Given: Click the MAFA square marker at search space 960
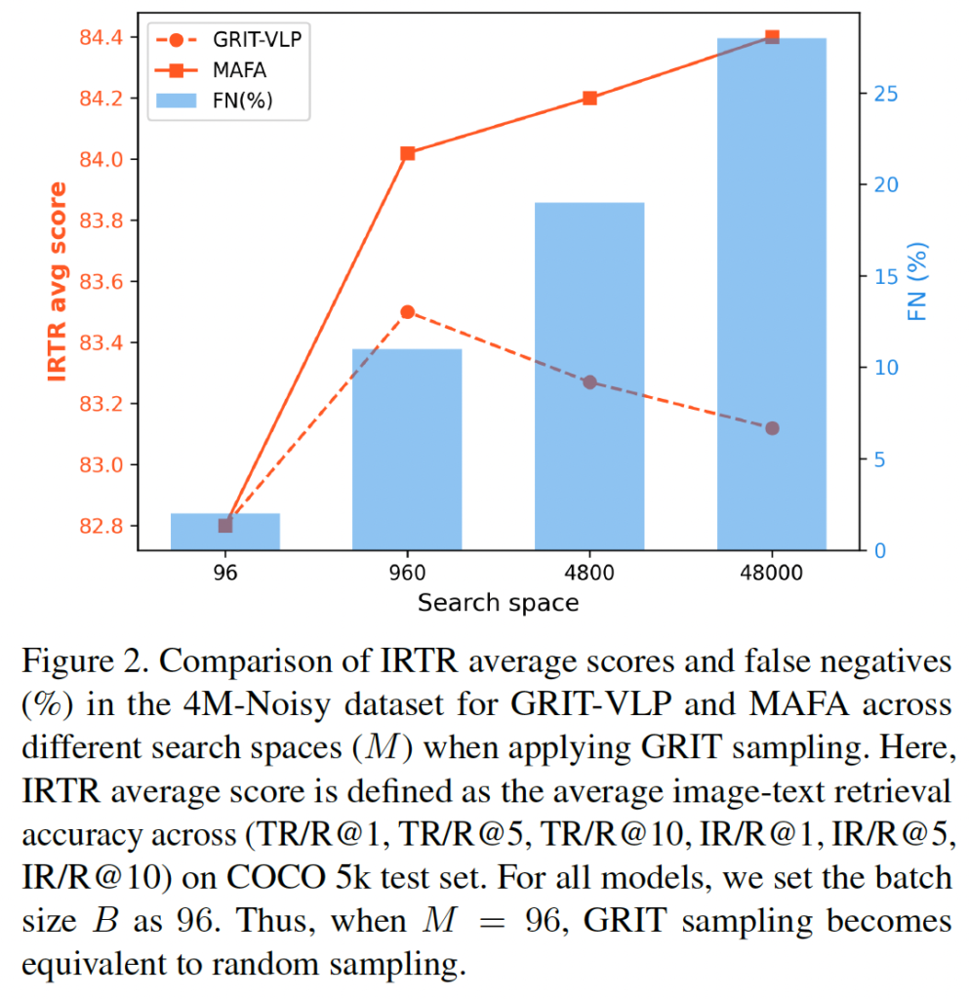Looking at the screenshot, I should pyautogui.click(x=407, y=153).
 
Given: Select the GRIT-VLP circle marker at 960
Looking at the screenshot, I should pyautogui.click(x=407, y=312).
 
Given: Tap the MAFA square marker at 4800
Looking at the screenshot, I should pyautogui.click(x=589, y=99).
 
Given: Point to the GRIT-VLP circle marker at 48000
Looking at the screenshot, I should pyautogui.click(x=772, y=428).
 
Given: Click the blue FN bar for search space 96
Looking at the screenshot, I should pyautogui.click(x=225, y=532).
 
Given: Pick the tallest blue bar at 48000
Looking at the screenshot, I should pyautogui.click(x=772, y=293).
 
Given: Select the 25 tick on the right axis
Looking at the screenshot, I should pyautogui.click(x=885, y=95).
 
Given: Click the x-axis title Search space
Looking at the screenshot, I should pyautogui.click(x=498, y=603).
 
